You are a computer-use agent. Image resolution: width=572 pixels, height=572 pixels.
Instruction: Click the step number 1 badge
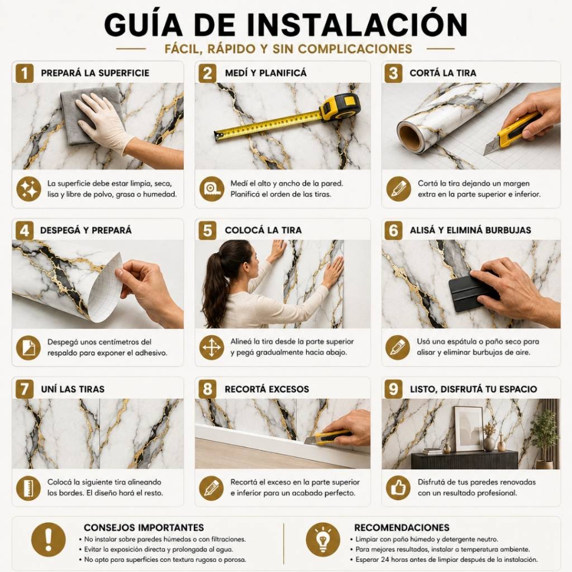pyautogui.click(x=25, y=73)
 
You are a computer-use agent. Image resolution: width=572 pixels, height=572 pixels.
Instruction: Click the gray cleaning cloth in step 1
pyautogui.click(x=88, y=115)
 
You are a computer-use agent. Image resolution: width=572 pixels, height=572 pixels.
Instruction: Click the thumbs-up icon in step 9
pyautogui.click(x=398, y=488)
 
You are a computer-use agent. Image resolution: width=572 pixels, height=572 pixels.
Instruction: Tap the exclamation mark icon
pyautogui.click(x=49, y=540)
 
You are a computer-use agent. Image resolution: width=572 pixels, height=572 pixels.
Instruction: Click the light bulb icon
pyautogui.click(x=323, y=540)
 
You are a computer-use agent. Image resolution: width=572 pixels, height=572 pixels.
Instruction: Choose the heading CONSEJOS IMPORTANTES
pyautogui.click(x=144, y=527)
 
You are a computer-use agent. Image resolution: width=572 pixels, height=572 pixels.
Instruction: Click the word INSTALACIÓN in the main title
pyautogui.click(x=357, y=25)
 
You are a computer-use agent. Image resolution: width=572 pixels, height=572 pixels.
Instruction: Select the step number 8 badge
pyautogui.click(x=207, y=389)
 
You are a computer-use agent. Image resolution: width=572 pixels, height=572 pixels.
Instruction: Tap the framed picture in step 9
pyautogui.click(x=469, y=428)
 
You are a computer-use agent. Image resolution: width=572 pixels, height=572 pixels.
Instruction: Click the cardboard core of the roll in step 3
pyautogui.click(x=410, y=137)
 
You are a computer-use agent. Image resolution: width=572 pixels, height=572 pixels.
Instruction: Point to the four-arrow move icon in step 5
pyautogui.click(x=212, y=347)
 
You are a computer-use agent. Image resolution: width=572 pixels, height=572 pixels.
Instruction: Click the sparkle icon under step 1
pyautogui.click(x=29, y=189)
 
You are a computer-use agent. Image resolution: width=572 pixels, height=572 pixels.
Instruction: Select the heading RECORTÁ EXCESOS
pyautogui.click(x=266, y=389)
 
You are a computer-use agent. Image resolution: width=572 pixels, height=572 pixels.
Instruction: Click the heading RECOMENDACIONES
pyautogui.click(x=402, y=527)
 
